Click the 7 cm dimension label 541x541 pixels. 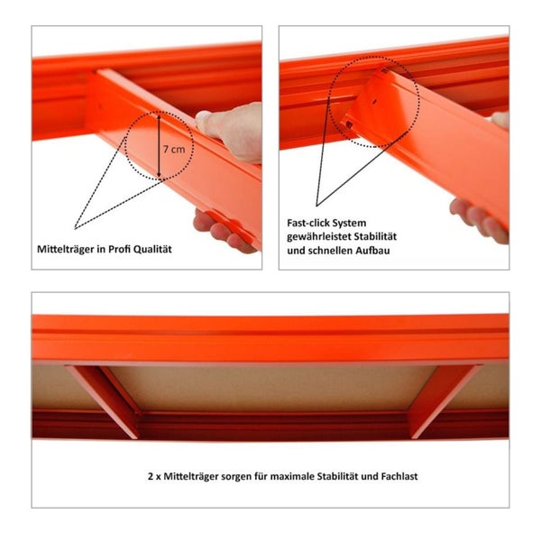[177, 147]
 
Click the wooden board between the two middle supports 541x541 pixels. [270, 386]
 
